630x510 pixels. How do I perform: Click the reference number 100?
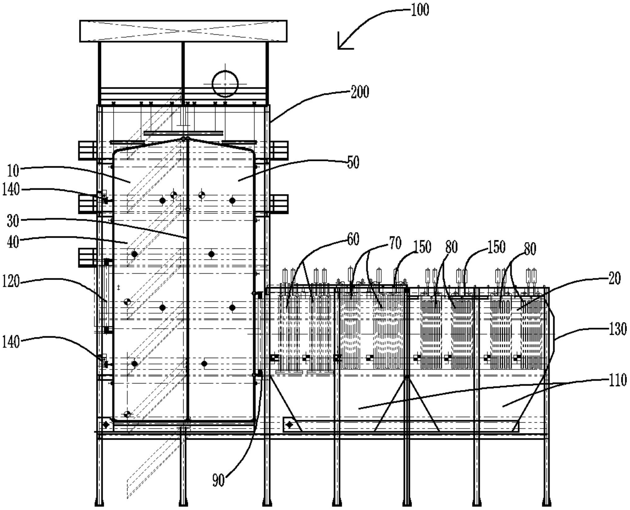[420, 10]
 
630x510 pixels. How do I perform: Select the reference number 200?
[360, 92]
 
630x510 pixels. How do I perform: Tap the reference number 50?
[353, 162]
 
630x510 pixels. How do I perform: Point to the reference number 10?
[13, 171]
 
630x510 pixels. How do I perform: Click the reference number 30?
[13, 221]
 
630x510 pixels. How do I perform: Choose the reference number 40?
[13, 242]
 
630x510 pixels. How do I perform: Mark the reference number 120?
[11, 282]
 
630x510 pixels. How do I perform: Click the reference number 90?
[218, 480]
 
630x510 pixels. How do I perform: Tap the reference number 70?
[395, 243]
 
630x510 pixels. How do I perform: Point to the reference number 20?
[614, 279]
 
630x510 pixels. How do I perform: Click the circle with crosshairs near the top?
[225, 84]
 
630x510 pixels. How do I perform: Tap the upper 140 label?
[11, 189]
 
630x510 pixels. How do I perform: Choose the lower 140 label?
[11, 342]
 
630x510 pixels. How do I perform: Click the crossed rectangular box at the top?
[183, 31]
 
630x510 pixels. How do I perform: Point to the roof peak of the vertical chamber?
[185, 138]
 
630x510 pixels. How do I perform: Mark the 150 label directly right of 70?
[422, 247]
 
